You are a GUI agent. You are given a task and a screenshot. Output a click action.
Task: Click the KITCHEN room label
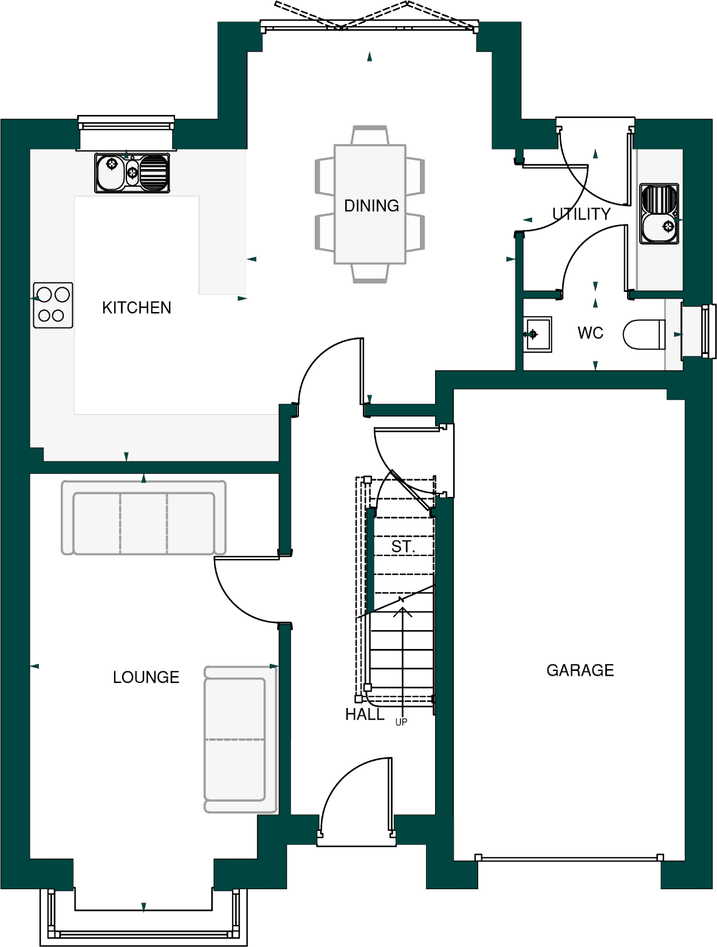136,308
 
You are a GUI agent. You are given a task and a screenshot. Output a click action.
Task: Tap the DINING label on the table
371,206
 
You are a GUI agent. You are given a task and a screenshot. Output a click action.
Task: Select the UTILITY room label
581,214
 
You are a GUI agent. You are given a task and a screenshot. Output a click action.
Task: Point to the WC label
590,333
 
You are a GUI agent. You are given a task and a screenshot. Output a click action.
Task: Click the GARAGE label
580,670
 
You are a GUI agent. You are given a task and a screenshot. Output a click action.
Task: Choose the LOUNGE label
146,678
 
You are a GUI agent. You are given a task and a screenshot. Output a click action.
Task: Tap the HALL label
365,715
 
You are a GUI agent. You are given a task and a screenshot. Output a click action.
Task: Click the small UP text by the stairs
401,723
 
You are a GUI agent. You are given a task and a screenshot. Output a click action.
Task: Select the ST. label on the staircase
403,547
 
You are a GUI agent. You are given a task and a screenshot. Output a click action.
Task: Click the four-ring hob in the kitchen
53,305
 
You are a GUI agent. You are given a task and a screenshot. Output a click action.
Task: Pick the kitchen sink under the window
132,173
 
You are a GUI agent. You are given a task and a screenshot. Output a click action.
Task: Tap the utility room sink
659,213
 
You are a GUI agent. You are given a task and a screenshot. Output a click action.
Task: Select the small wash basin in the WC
537,334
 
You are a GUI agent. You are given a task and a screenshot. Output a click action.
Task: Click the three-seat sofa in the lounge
143,518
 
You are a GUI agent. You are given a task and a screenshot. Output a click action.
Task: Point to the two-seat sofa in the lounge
240,740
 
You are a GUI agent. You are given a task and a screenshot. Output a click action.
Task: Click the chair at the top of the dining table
369,135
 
